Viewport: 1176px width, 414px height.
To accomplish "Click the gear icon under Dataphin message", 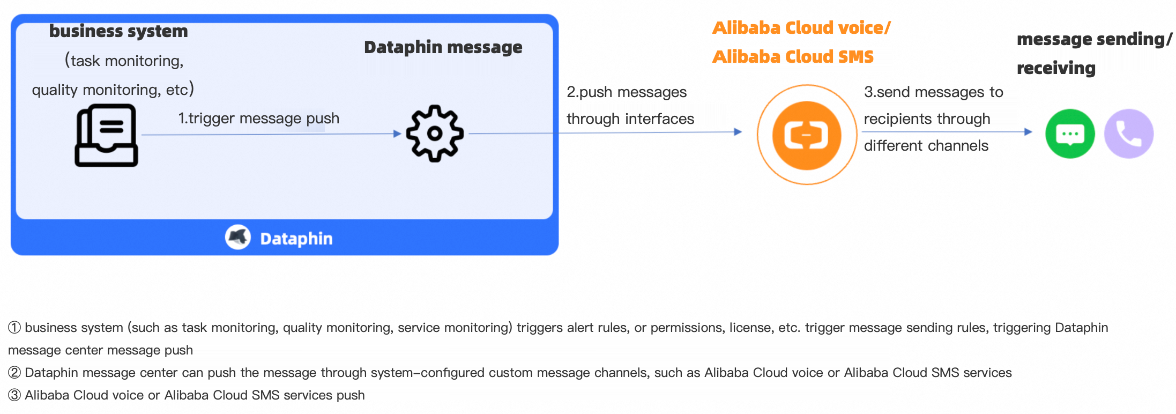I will [x=435, y=134].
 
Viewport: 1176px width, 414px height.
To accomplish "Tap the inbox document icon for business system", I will [x=106, y=135].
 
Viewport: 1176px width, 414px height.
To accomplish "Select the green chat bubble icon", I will [x=1070, y=134].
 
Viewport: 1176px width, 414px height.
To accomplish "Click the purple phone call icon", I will [x=1129, y=134].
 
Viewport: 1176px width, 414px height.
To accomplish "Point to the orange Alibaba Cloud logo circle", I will [x=807, y=135].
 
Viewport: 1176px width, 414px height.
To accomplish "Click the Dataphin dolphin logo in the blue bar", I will [x=238, y=237].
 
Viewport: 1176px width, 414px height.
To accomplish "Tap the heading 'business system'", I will [x=118, y=31].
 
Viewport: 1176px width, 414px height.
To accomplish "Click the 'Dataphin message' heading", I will [x=443, y=47].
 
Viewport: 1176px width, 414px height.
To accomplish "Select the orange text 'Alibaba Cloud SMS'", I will [x=793, y=56].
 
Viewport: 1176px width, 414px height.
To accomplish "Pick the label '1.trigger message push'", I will [x=258, y=118].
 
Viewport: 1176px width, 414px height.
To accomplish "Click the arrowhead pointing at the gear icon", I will [x=397, y=134].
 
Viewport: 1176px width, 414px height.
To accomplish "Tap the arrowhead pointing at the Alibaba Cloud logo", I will [x=738, y=131].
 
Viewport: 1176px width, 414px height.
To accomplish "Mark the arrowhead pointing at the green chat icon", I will [x=1028, y=131].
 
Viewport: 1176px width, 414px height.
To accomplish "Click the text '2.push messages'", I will [x=627, y=92].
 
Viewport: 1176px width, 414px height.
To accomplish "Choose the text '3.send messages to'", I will [x=933, y=92].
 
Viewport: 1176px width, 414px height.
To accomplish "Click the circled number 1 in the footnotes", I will [x=14, y=327].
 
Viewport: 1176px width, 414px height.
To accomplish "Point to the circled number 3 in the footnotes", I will [x=14, y=395].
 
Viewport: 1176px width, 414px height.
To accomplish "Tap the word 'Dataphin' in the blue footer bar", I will [x=296, y=239].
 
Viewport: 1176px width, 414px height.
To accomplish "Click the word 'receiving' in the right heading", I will [x=1056, y=68].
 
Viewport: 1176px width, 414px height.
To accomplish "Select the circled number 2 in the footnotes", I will [x=14, y=372].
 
